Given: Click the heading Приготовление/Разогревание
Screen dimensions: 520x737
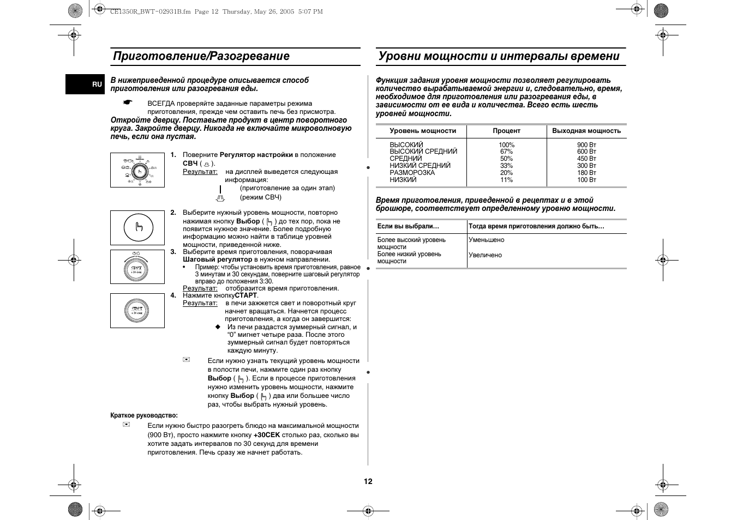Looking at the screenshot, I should click(201, 56).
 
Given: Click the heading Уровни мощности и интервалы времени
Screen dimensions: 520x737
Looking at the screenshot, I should click(499, 56).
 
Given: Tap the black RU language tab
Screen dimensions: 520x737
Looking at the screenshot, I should click(97, 84).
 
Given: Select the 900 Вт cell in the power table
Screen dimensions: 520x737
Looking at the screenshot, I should click(586, 145).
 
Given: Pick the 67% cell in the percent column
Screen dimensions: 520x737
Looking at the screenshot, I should click(506, 152).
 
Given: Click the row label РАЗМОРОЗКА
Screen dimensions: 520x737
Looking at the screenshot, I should click(412, 173).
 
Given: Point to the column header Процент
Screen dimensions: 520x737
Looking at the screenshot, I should click(506, 131).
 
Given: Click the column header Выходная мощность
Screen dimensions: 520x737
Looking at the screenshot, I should click(586, 131).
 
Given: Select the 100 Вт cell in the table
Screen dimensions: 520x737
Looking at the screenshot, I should click(586, 180).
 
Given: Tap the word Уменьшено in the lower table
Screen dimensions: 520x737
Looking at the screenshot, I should click(486, 240).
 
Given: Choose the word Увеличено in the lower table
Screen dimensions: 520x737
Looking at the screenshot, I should click(485, 255).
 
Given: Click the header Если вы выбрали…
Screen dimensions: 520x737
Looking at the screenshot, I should click(408, 226).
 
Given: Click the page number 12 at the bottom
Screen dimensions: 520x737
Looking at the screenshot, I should click(368, 481).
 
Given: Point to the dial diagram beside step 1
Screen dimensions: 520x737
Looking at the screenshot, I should click(137, 170).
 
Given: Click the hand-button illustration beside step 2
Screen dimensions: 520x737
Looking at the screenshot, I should click(137, 227).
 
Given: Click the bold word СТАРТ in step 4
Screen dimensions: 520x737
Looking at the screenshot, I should click(245, 295).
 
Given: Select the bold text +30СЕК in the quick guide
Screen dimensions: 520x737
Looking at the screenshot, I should click(267, 435).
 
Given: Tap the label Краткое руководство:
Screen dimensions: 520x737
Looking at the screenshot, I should click(144, 415).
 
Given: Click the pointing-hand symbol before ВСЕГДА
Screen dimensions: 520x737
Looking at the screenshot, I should click(128, 102).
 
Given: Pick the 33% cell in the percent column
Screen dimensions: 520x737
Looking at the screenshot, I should click(506, 166).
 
